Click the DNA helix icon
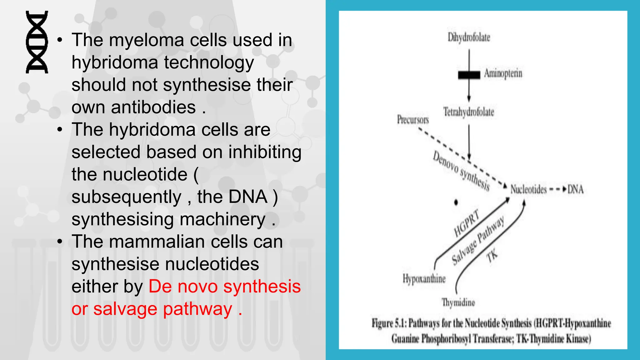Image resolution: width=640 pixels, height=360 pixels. coord(37,42)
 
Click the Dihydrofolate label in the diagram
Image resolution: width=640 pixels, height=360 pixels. coord(469,37)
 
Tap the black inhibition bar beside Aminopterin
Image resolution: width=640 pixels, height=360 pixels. coord(469,75)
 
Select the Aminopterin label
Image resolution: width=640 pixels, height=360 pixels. coord(503,73)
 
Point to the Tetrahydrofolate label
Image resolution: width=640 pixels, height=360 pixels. coord(469,112)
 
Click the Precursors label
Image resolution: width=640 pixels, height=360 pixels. coord(413,119)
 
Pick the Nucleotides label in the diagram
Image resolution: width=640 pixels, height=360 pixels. coord(528,189)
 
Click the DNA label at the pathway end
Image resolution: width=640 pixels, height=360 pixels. coord(575,189)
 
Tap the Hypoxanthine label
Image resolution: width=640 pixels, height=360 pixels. coord(424,278)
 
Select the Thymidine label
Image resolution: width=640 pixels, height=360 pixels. coord(458,302)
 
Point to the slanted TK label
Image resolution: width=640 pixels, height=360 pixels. coord(492,256)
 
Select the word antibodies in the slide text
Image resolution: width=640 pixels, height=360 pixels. coord(153,107)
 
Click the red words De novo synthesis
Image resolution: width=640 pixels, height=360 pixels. coord(224,286)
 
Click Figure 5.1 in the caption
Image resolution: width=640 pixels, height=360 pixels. coord(389,323)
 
